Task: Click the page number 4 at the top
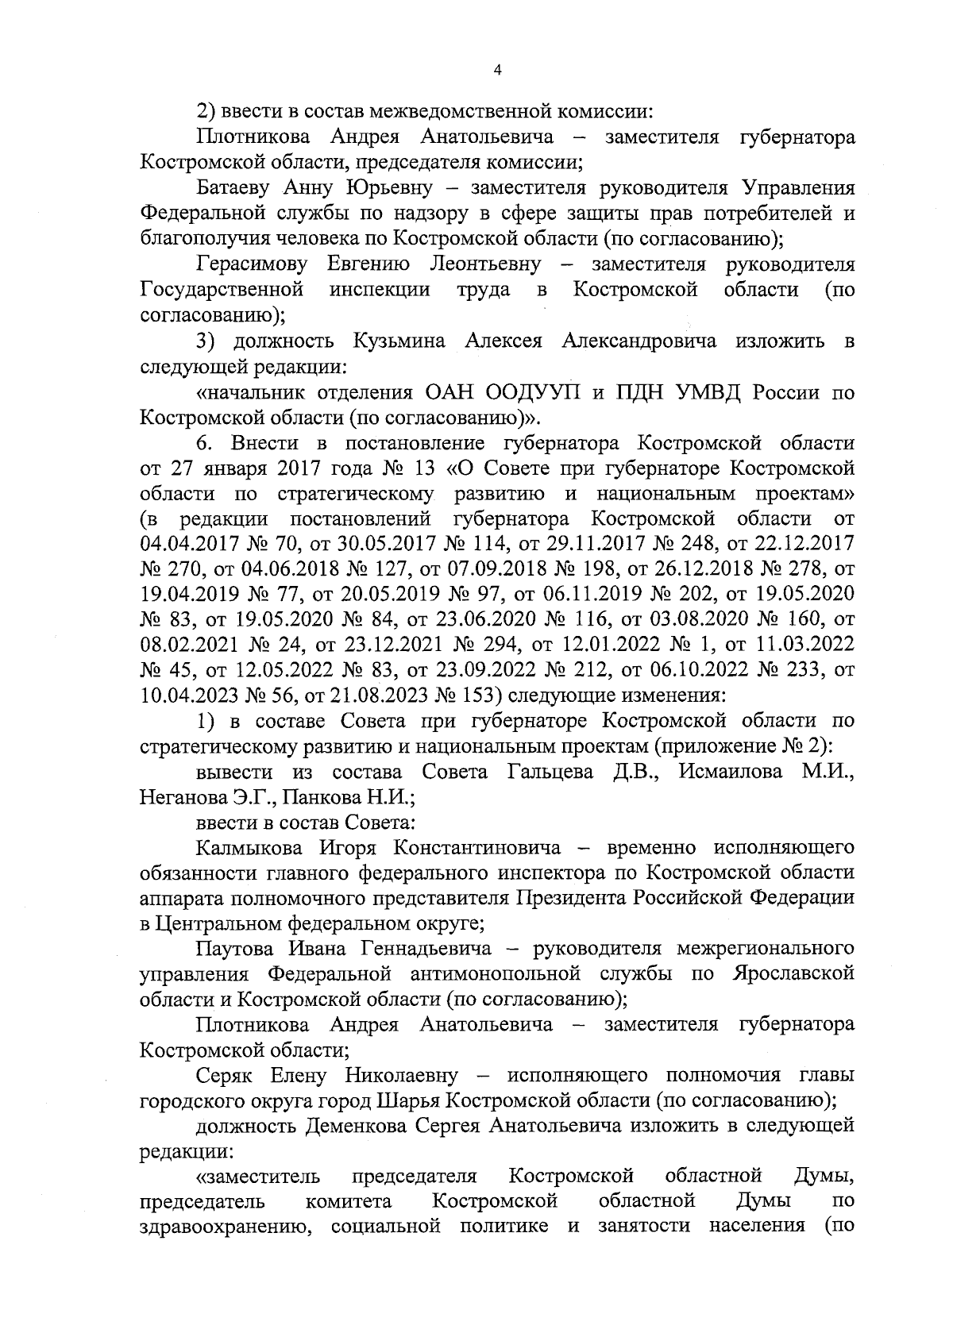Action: [x=497, y=71]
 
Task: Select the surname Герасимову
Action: [x=253, y=264]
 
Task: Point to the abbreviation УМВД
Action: [x=700, y=392]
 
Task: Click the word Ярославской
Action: [x=793, y=974]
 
